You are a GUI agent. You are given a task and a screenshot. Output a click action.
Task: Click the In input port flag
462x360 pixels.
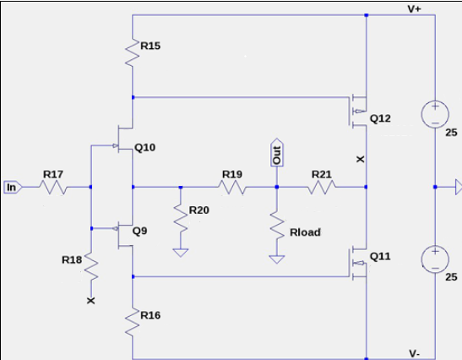pyautogui.click(x=13, y=188)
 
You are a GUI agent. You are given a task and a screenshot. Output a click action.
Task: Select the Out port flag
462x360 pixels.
pyautogui.click(x=277, y=153)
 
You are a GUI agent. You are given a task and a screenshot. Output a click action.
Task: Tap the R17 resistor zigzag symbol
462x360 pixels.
pyautogui.click(x=53, y=188)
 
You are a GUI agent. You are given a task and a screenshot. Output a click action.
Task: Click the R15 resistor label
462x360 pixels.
pyautogui.click(x=150, y=46)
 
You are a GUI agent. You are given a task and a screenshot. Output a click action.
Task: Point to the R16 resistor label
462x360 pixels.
pyautogui.click(x=150, y=315)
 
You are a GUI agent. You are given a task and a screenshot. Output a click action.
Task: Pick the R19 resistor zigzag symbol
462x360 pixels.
pyautogui.click(x=232, y=188)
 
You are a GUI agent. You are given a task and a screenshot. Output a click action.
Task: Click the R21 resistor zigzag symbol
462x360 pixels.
pyautogui.click(x=322, y=188)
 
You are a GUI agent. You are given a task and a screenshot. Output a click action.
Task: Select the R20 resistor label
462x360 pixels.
pyautogui.click(x=198, y=210)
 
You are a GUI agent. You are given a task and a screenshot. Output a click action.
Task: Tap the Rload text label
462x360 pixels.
pyautogui.click(x=305, y=232)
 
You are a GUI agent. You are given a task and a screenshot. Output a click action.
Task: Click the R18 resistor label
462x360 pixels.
pyautogui.click(x=72, y=259)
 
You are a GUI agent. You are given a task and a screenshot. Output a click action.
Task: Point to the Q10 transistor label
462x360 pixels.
pyautogui.click(x=144, y=147)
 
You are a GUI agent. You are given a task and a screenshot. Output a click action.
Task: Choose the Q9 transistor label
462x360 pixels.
pyautogui.click(x=139, y=231)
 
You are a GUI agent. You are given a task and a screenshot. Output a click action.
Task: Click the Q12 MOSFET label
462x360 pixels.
pyautogui.click(x=380, y=118)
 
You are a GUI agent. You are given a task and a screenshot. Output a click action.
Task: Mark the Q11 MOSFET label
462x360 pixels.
pyautogui.click(x=380, y=256)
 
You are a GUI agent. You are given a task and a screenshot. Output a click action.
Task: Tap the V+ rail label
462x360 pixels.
pyautogui.click(x=414, y=8)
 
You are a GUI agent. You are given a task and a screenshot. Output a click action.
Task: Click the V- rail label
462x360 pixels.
pyautogui.click(x=414, y=353)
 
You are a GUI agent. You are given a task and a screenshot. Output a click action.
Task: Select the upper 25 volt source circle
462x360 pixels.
pyautogui.click(x=435, y=115)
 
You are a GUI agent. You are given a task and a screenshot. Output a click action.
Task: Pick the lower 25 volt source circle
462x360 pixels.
pyautogui.click(x=435, y=259)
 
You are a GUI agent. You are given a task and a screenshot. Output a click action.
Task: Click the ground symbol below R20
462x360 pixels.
pyautogui.click(x=181, y=253)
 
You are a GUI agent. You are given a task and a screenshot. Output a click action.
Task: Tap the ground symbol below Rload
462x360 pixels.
pyautogui.click(x=277, y=259)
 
